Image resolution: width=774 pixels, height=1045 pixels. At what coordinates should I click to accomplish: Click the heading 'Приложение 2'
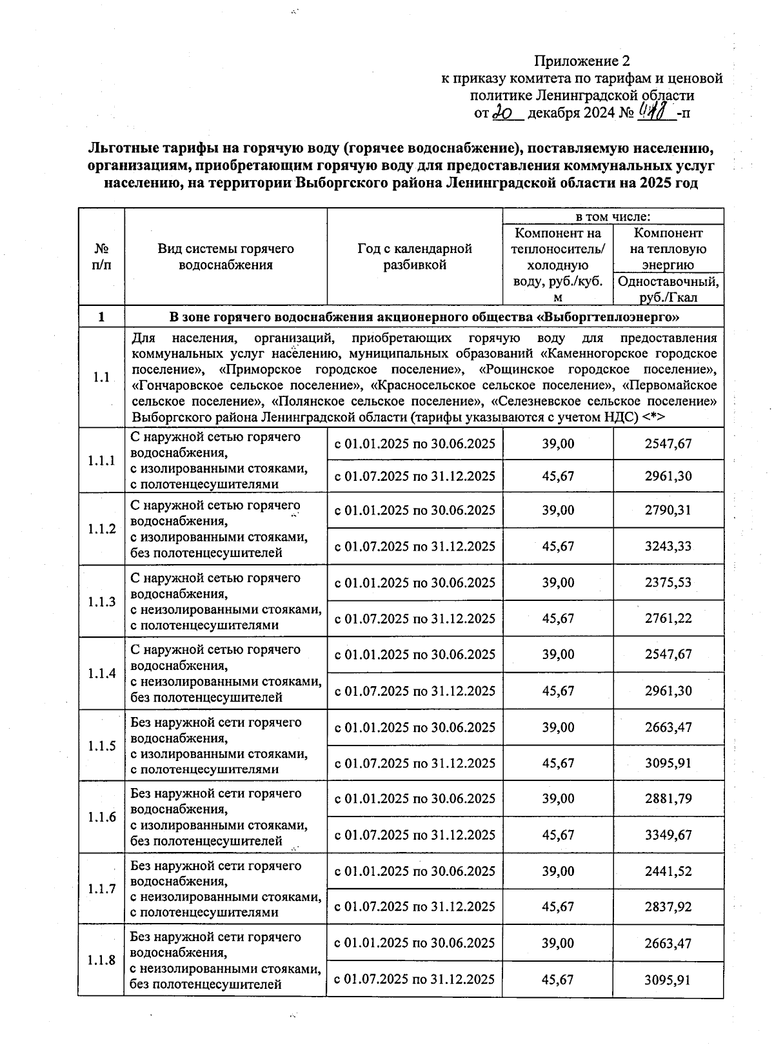(581, 61)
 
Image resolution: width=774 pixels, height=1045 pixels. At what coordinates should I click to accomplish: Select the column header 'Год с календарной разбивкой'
(415, 256)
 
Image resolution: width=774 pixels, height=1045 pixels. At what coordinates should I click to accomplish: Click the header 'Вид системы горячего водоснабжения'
(226, 256)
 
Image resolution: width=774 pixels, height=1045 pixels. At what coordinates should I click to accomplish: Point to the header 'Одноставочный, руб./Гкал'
(668, 289)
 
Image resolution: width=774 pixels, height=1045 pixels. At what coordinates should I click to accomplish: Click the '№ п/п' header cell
(101, 256)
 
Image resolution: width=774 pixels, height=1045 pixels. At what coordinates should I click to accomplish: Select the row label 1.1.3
(101, 602)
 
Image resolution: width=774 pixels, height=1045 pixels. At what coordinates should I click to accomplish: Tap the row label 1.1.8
(101, 960)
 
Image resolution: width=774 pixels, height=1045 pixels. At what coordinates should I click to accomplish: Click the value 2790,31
(668, 510)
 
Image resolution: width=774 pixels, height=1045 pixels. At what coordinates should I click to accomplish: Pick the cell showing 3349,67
(668, 835)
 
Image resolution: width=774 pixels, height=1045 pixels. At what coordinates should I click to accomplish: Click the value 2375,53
(668, 582)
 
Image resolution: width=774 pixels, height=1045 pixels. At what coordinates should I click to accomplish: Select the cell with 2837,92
(668, 907)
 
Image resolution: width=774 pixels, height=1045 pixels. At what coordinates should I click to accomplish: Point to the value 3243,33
(668, 546)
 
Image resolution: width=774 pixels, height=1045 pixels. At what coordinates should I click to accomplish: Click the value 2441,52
(668, 871)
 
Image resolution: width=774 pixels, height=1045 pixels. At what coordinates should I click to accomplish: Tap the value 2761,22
(668, 618)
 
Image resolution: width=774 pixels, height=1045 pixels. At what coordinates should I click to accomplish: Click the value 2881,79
(668, 798)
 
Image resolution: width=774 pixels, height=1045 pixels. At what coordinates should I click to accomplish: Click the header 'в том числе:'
(612, 217)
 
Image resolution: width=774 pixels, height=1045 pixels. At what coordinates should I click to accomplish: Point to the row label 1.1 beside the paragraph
(101, 378)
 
